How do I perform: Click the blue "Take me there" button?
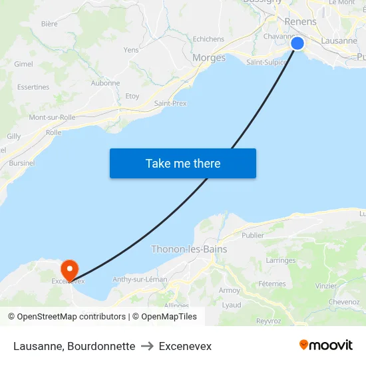click(x=183, y=163)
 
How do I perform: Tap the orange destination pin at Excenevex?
click(x=69, y=270)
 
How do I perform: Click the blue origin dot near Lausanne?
click(x=297, y=43)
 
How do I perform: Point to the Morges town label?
click(x=209, y=58)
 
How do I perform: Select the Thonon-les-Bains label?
click(x=189, y=250)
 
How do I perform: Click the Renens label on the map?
click(x=300, y=22)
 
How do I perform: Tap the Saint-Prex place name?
click(x=170, y=103)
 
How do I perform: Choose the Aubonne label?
click(x=105, y=83)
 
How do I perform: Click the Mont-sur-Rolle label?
click(x=52, y=118)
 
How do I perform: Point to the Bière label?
click(x=49, y=24)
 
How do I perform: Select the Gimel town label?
click(x=23, y=64)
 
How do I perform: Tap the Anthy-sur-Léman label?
click(x=140, y=279)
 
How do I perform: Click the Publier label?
click(x=253, y=236)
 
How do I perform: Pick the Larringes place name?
click(x=281, y=261)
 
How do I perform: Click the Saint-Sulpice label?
click(x=266, y=63)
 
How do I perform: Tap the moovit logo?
click(x=326, y=345)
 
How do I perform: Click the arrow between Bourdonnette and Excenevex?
click(x=147, y=346)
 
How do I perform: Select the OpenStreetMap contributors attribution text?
click(x=71, y=317)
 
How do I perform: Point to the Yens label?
click(x=131, y=50)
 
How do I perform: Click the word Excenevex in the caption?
click(x=185, y=346)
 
